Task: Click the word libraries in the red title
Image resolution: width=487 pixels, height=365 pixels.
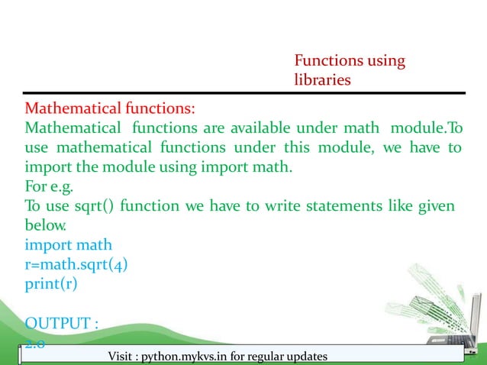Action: point(322,79)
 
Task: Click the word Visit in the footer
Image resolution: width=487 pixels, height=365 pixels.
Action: point(125,357)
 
